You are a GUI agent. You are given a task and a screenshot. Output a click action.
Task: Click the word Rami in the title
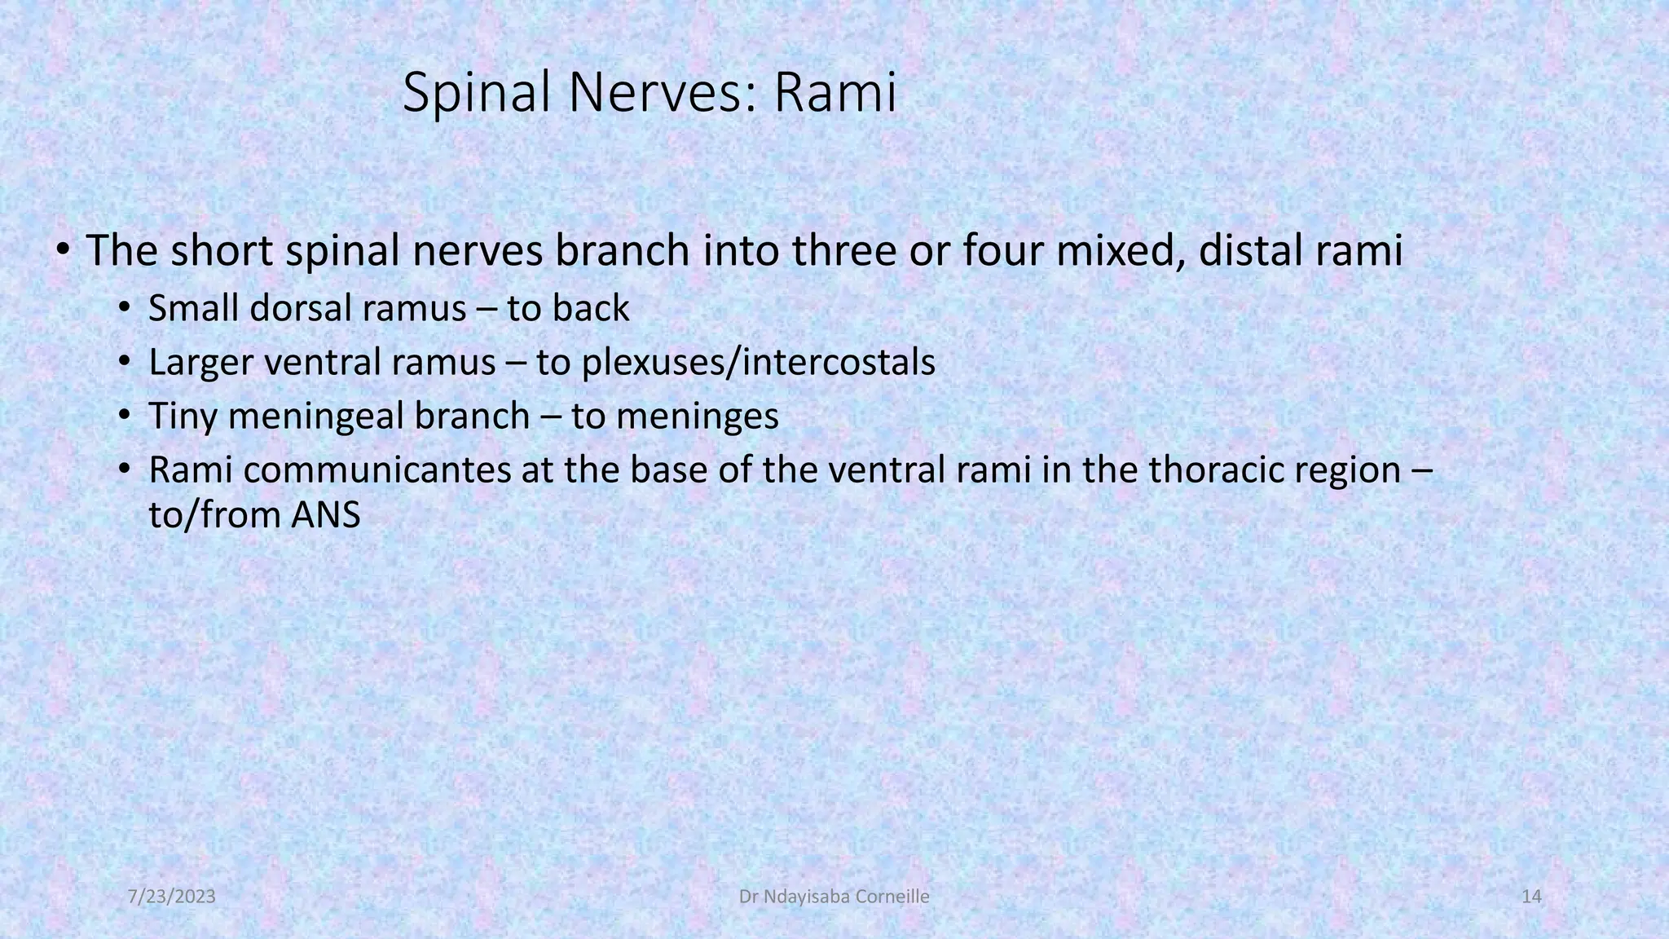point(834,92)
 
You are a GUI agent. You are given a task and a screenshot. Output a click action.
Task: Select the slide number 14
point(1531,897)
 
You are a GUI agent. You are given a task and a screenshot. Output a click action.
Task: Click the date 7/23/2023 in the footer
point(172,897)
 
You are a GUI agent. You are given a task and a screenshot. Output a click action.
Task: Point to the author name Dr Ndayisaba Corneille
point(834,897)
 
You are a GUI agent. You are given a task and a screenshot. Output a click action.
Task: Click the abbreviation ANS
point(325,515)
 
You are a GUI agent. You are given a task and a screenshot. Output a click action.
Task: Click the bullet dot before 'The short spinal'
point(63,249)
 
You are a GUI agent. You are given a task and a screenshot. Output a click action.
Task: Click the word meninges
point(698,417)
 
